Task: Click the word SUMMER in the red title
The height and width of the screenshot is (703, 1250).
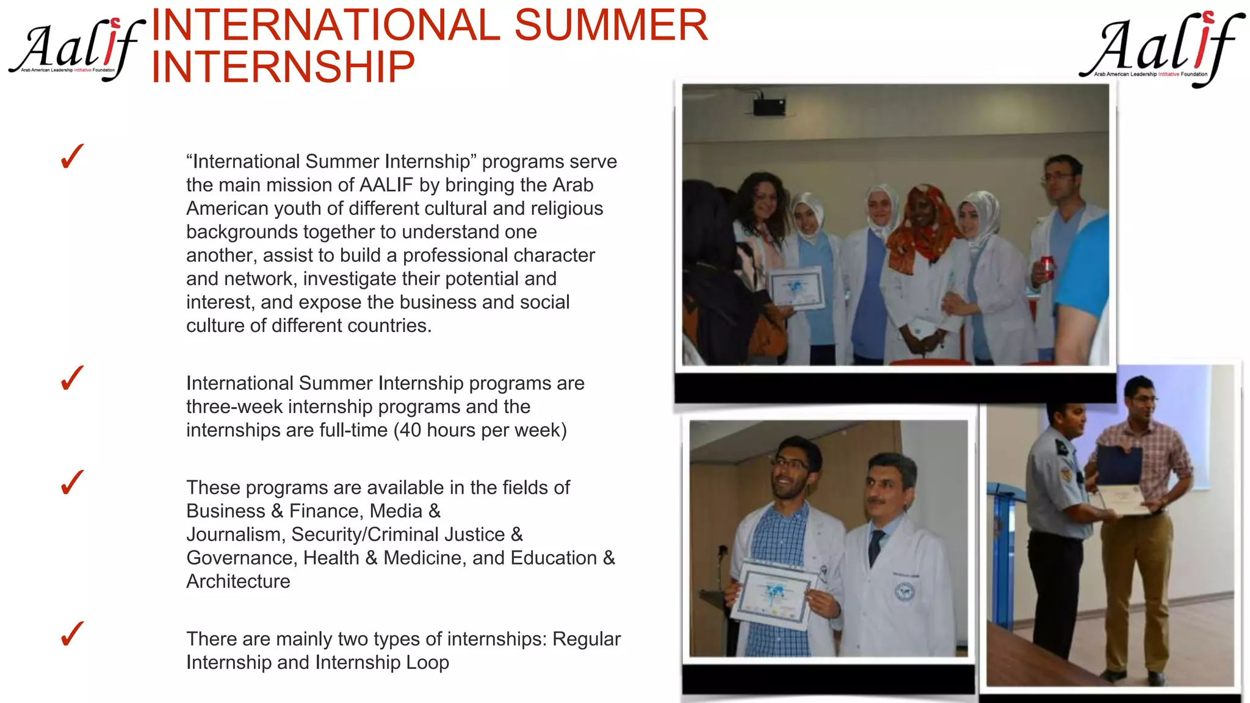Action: pyautogui.click(x=610, y=26)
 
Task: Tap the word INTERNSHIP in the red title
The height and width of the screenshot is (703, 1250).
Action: pyautogui.click(x=283, y=67)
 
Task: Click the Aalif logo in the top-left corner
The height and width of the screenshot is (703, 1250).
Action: pyautogui.click(x=76, y=49)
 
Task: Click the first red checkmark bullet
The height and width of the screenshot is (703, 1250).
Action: pyautogui.click(x=72, y=157)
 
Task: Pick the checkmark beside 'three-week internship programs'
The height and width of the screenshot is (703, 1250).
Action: pyautogui.click(x=72, y=378)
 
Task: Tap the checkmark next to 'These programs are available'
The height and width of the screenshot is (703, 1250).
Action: pyautogui.click(x=72, y=483)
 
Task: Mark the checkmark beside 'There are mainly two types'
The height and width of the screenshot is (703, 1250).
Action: pyautogui.click(x=72, y=634)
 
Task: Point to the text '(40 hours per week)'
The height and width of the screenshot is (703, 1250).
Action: pyautogui.click(x=480, y=430)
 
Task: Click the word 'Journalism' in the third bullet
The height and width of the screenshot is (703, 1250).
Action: pyautogui.click(x=234, y=535)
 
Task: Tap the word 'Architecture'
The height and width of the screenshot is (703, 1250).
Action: pyautogui.click(x=238, y=582)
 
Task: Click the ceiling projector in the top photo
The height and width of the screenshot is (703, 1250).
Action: pyautogui.click(x=768, y=106)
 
